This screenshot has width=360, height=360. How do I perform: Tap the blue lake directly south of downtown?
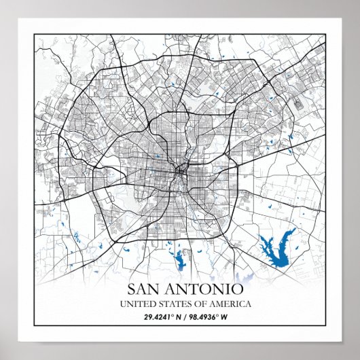click(x=180, y=259)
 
